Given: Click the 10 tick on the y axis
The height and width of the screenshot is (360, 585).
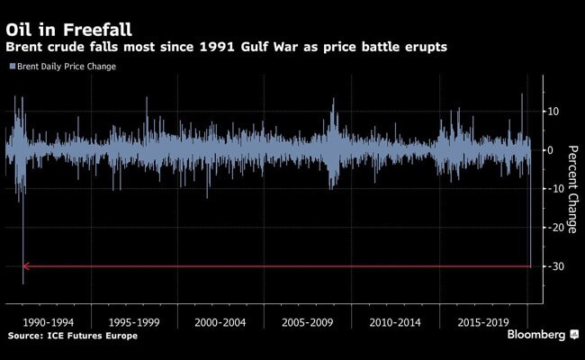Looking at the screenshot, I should [553, 112].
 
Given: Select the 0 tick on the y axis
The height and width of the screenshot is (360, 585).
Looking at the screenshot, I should [551, 150].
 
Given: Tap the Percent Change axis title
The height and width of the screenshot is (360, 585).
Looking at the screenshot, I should [571, 180].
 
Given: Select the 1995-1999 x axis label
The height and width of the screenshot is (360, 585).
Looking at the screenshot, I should [134, 321].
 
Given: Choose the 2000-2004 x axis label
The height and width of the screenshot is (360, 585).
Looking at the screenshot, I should [221, 321].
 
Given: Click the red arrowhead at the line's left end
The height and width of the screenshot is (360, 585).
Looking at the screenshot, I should [26, 266].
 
